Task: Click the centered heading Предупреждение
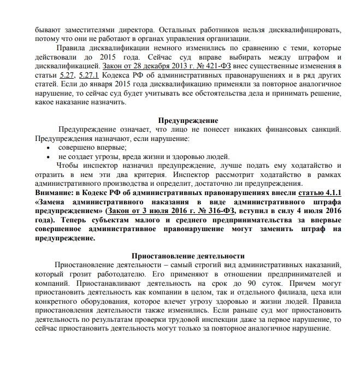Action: click(188, 120)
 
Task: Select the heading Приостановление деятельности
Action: click(188, 256)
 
